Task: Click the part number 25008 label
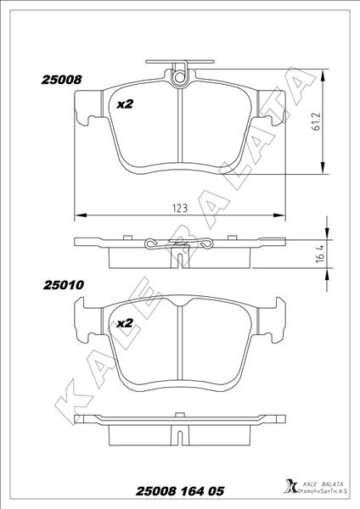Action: click(x=61, y=80)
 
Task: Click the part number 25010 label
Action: click(x=64, y=285)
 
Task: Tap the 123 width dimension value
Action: click(x=180, y=208)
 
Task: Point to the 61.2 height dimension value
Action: click(x=316, y=121)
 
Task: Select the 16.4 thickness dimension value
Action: click(x=320, y=254)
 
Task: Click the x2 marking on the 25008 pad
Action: click(x=125, y=104)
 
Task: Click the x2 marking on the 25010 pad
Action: click(x=125, y=323)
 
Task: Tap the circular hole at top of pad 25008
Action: click(x=179, y=77)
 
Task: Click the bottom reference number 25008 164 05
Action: click(x=180, y=491)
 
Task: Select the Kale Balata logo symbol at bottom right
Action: click(x=290, y=487)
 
